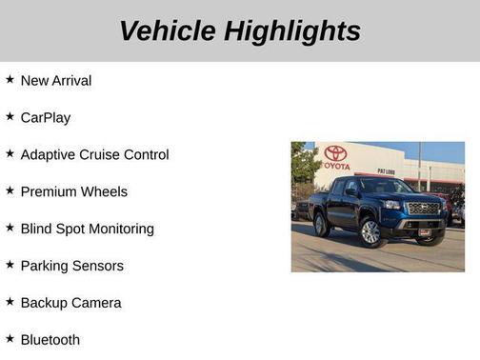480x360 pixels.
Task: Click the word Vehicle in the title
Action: [x=168, y=30]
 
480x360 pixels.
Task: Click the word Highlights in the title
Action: [x=292, y=30]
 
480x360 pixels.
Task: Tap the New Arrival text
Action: [x=56, y=81]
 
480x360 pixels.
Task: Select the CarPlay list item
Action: [x=46, y=118]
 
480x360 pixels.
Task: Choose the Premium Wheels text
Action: [x=73, y=192]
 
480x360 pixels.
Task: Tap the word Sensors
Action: [x=99, y=266]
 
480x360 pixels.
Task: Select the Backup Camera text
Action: [x=70, y=303]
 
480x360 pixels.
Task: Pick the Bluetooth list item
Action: [x=50, y=340]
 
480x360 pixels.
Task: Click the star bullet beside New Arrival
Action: [x=10, y=80]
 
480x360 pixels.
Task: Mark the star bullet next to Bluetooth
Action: [x=10, y=339]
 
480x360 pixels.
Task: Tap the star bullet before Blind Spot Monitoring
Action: [x=10, y=229]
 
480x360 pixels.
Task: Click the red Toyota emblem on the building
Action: [x=335, y=152]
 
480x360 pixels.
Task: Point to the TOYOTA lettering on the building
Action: [x=335, y=166]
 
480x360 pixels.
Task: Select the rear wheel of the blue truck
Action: [x=322, y=226]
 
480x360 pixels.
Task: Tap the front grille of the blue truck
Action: [x=423, y=209]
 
